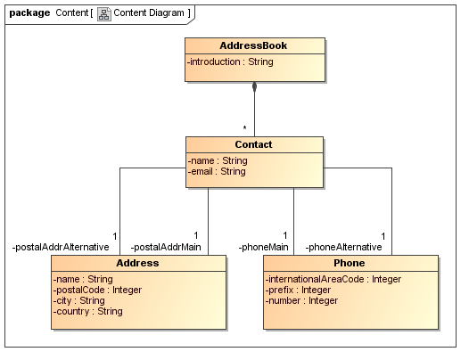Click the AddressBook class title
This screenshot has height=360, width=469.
coord(253,45)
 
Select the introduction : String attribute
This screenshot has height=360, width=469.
coord(230,61)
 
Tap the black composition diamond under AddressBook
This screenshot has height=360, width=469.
coord(254,87)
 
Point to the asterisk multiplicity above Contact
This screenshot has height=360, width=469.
coord(244,128)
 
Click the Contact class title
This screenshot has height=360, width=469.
coord(253,144)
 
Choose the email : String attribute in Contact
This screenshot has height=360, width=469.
coord(217,171)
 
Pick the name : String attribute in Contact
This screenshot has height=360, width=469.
coord(218,160)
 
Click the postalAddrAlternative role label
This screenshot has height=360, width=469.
coord(61,247)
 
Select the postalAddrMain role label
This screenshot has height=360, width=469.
coord(166,247)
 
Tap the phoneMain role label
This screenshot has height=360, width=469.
coord(263,247)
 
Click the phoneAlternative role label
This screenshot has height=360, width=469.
coord(343,247)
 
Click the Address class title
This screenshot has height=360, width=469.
coord(137,263)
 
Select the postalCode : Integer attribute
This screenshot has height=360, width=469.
coord(97,290)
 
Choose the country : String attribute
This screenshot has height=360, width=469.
coord(87,311)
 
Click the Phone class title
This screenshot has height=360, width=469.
coord(350,263)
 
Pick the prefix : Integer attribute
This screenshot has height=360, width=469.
coord(299,290)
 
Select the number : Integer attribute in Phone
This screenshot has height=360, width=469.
coord(301,300)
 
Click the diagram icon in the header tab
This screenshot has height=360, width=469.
coord(103,13)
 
